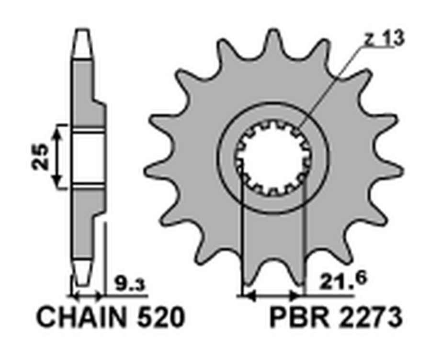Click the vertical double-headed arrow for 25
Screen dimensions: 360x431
coord(58,157)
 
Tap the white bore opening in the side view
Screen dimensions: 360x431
coord(88,157)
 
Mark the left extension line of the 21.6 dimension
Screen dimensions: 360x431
coord(243,239)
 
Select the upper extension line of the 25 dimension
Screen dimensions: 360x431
coord(65,125)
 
